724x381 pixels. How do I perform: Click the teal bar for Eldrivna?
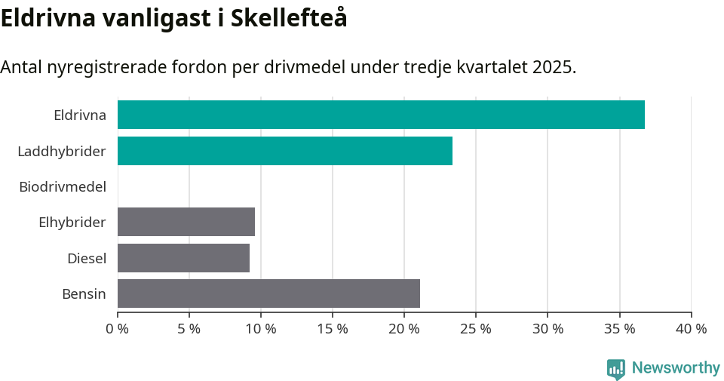(x=381, y=115)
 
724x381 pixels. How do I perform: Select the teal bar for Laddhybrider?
(x=285, y=151)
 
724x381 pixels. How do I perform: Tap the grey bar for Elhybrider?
(x=186, y=222)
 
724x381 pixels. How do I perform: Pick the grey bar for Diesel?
(x=183, y=258)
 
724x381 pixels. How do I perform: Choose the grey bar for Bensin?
(x=268, y=293)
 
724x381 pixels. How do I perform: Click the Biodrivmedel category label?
(x=63, y=186)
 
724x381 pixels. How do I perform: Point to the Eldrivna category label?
(x=80, y=115)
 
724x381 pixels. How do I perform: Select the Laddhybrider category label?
(x=62, y=152)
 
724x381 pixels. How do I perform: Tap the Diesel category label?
(x=87, y=259)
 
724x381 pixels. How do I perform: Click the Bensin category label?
(x=84, y=294)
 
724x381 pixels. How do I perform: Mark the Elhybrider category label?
(x=72, y=223)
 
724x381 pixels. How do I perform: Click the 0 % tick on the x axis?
(x=118, y=329)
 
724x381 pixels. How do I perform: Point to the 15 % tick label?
(x=333, y=329)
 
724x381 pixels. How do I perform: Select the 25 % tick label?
(x=476, y=329)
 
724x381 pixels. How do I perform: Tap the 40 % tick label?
(x=691, y=329)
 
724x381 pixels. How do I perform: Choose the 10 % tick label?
(x=261, y=329)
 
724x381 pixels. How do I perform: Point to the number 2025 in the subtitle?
(x=552, y=67)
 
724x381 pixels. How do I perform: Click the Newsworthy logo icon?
(x=615, y=368)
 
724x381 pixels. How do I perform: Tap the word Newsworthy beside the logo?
(x=676, y=368)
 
